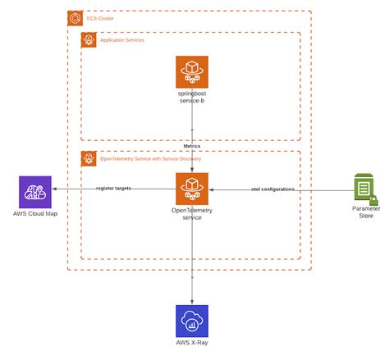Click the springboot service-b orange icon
click(x=192, y=72)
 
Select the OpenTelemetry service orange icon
click(x=192, y=189)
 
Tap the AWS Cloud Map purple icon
click(x=35, y=192)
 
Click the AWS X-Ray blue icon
click(x=192, y=321)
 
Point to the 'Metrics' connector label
click(x=192, y=147)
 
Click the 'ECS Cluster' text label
click(x=102, y=17)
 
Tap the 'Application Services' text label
click(x=122, y=39)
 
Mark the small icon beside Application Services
click(x=88, y=39)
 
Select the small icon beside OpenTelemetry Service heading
click(x=88, y=157)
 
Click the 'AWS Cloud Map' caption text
click(x=35, y=215)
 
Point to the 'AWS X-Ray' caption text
click(x=192, y=343)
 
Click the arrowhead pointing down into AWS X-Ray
click(x=192, y=301)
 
